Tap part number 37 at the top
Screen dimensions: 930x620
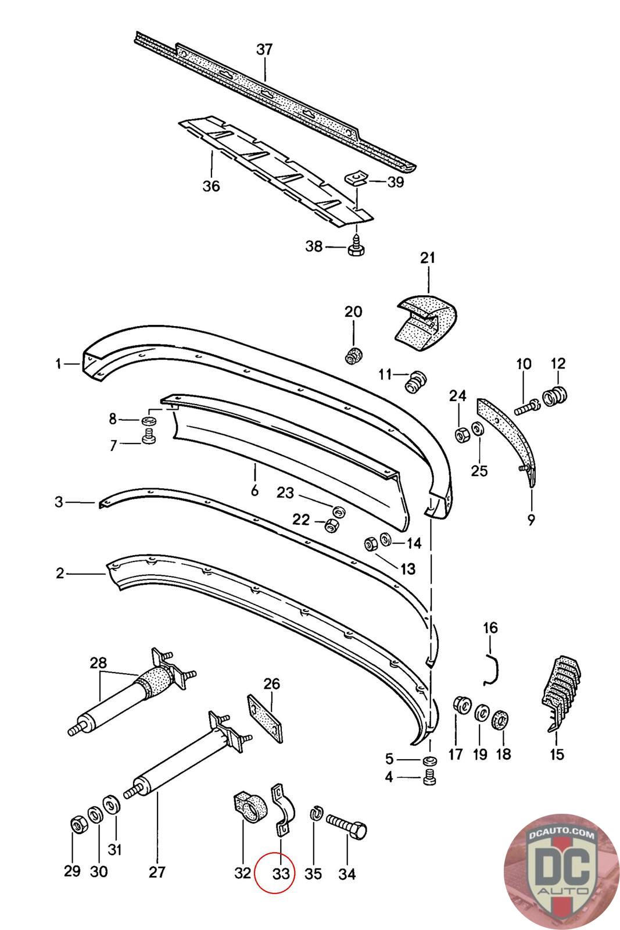pos(264,50)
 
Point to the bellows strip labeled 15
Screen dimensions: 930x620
pos(559,694)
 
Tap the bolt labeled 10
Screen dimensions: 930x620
pos(527,406)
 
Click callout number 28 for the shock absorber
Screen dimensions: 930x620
pos(98,662)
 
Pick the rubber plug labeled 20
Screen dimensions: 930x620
pos(353,355)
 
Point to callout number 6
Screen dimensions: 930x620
pos(255,491)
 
